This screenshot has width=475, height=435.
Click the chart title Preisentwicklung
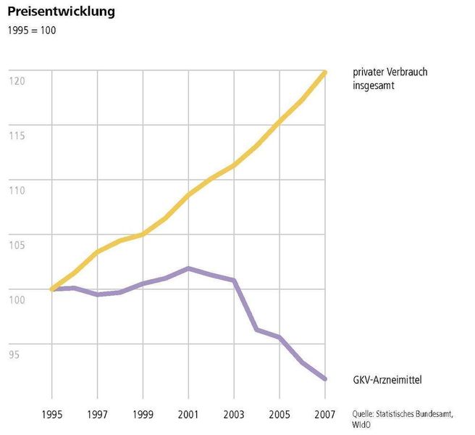click(61, 12)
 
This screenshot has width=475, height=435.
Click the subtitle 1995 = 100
click(31, 30)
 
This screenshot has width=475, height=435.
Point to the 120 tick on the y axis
click(17, 80)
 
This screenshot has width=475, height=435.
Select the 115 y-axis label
click(17, 135)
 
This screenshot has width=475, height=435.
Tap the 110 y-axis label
click(17, 190)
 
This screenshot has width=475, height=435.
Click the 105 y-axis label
click(17, 244)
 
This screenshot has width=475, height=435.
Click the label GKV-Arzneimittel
click(387, 379)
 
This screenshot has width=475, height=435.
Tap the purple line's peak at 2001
click(189, 268)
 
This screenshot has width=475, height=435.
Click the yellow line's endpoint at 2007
click(325, 72)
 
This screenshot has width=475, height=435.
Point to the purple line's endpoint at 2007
click(325, 378)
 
